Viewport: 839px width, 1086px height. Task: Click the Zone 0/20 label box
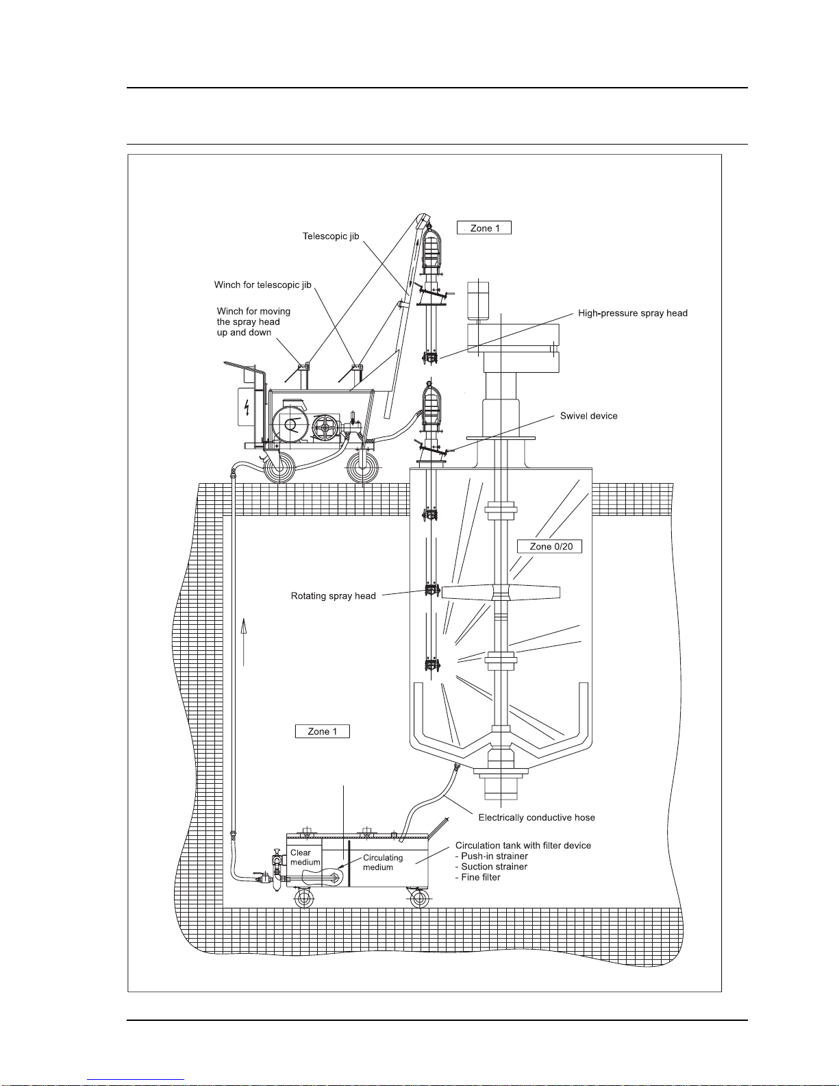pos(549,546)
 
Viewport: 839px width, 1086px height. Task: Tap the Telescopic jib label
pos(331,236)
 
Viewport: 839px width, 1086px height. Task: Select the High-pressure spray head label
pos(633,313)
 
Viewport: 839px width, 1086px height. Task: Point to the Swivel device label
pos(588,416)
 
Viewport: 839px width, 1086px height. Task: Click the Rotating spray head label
pos(333,595)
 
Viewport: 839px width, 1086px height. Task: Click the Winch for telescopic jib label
pos(263,285)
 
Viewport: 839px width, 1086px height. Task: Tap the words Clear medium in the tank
pos(305,858)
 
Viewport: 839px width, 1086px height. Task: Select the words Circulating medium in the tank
pos(383,863)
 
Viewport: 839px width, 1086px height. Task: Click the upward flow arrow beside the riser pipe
pos(244,642)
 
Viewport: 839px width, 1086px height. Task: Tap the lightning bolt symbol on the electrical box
pos(246,407)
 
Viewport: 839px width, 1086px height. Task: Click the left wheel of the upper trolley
pos(279,468)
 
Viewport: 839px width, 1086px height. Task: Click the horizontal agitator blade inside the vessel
pos(501,593)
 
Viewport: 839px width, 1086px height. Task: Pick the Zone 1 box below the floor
pos(322,731)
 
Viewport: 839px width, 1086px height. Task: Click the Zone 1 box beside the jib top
pos(484,228)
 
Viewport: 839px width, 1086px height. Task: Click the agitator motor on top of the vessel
pos(478,300)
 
